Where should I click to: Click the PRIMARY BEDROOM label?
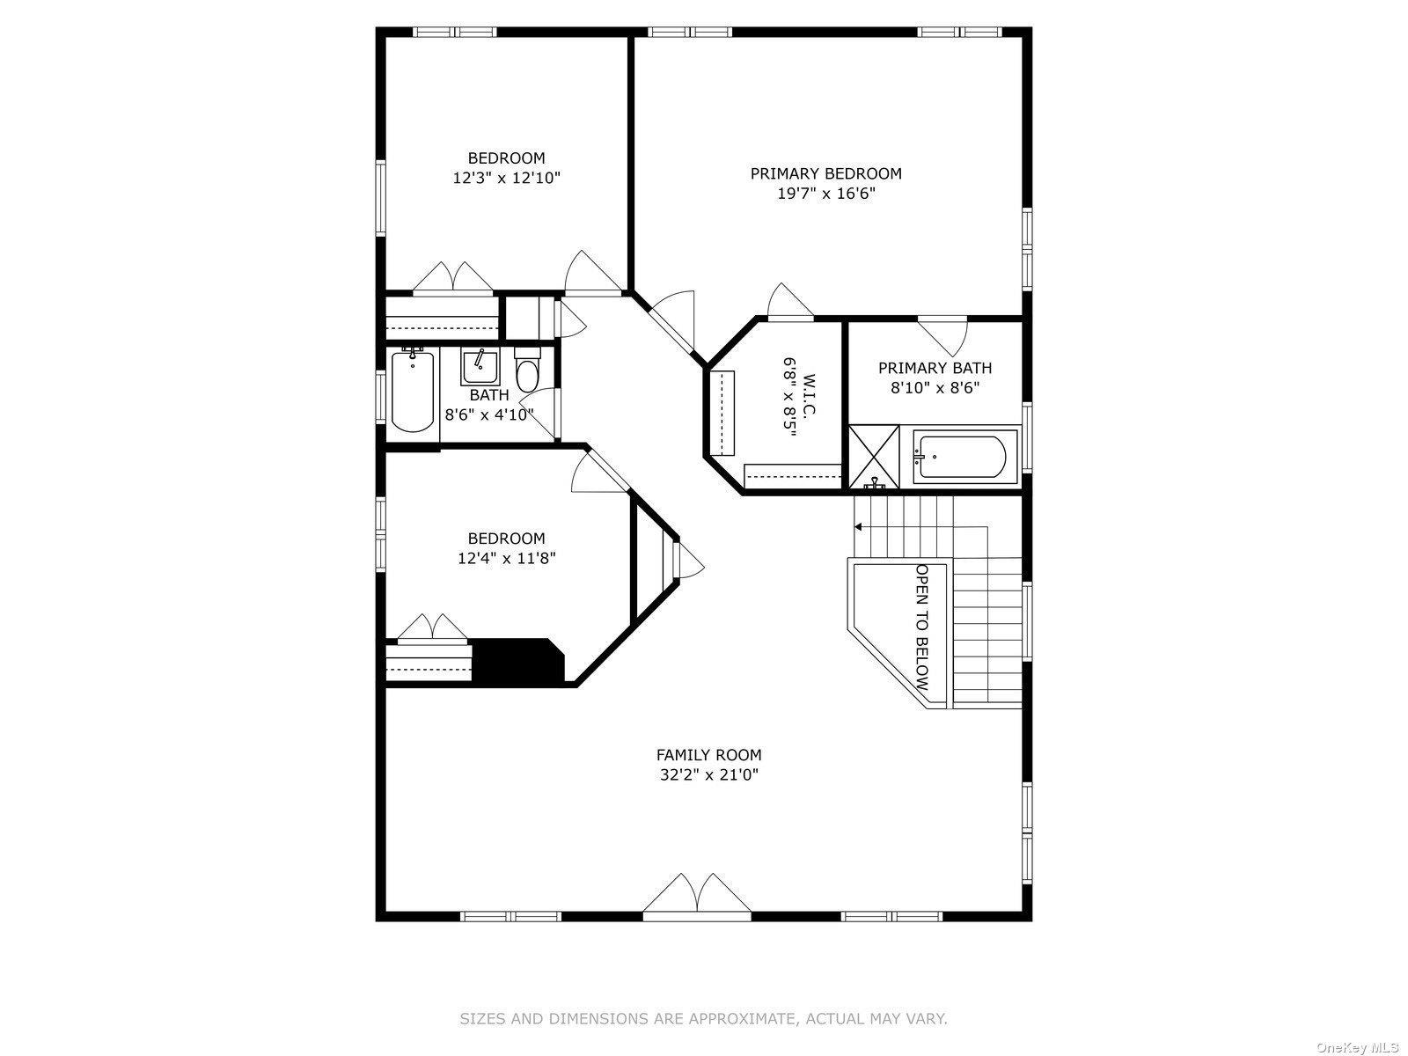click(x=825, y=173)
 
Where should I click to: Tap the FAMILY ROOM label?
click(x=708, y=755)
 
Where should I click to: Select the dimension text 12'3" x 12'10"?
click(x=506, y=178)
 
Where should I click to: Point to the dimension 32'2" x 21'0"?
click(x=708, y=775)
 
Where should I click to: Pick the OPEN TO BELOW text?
click(x=921, y=627)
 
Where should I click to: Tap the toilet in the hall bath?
click(x=527, y=372)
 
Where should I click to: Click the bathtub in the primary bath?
click(x=958, y=458)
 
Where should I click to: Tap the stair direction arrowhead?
click(x=858, y=527)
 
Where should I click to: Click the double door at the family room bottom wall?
click(x=697, y=896)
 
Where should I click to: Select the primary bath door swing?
click(x=944, y=333)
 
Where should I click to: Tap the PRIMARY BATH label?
click(x=935, y=369)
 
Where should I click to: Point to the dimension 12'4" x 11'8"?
click(x=506, y=558)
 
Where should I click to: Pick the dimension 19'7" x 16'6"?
click(x=825, y=194)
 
